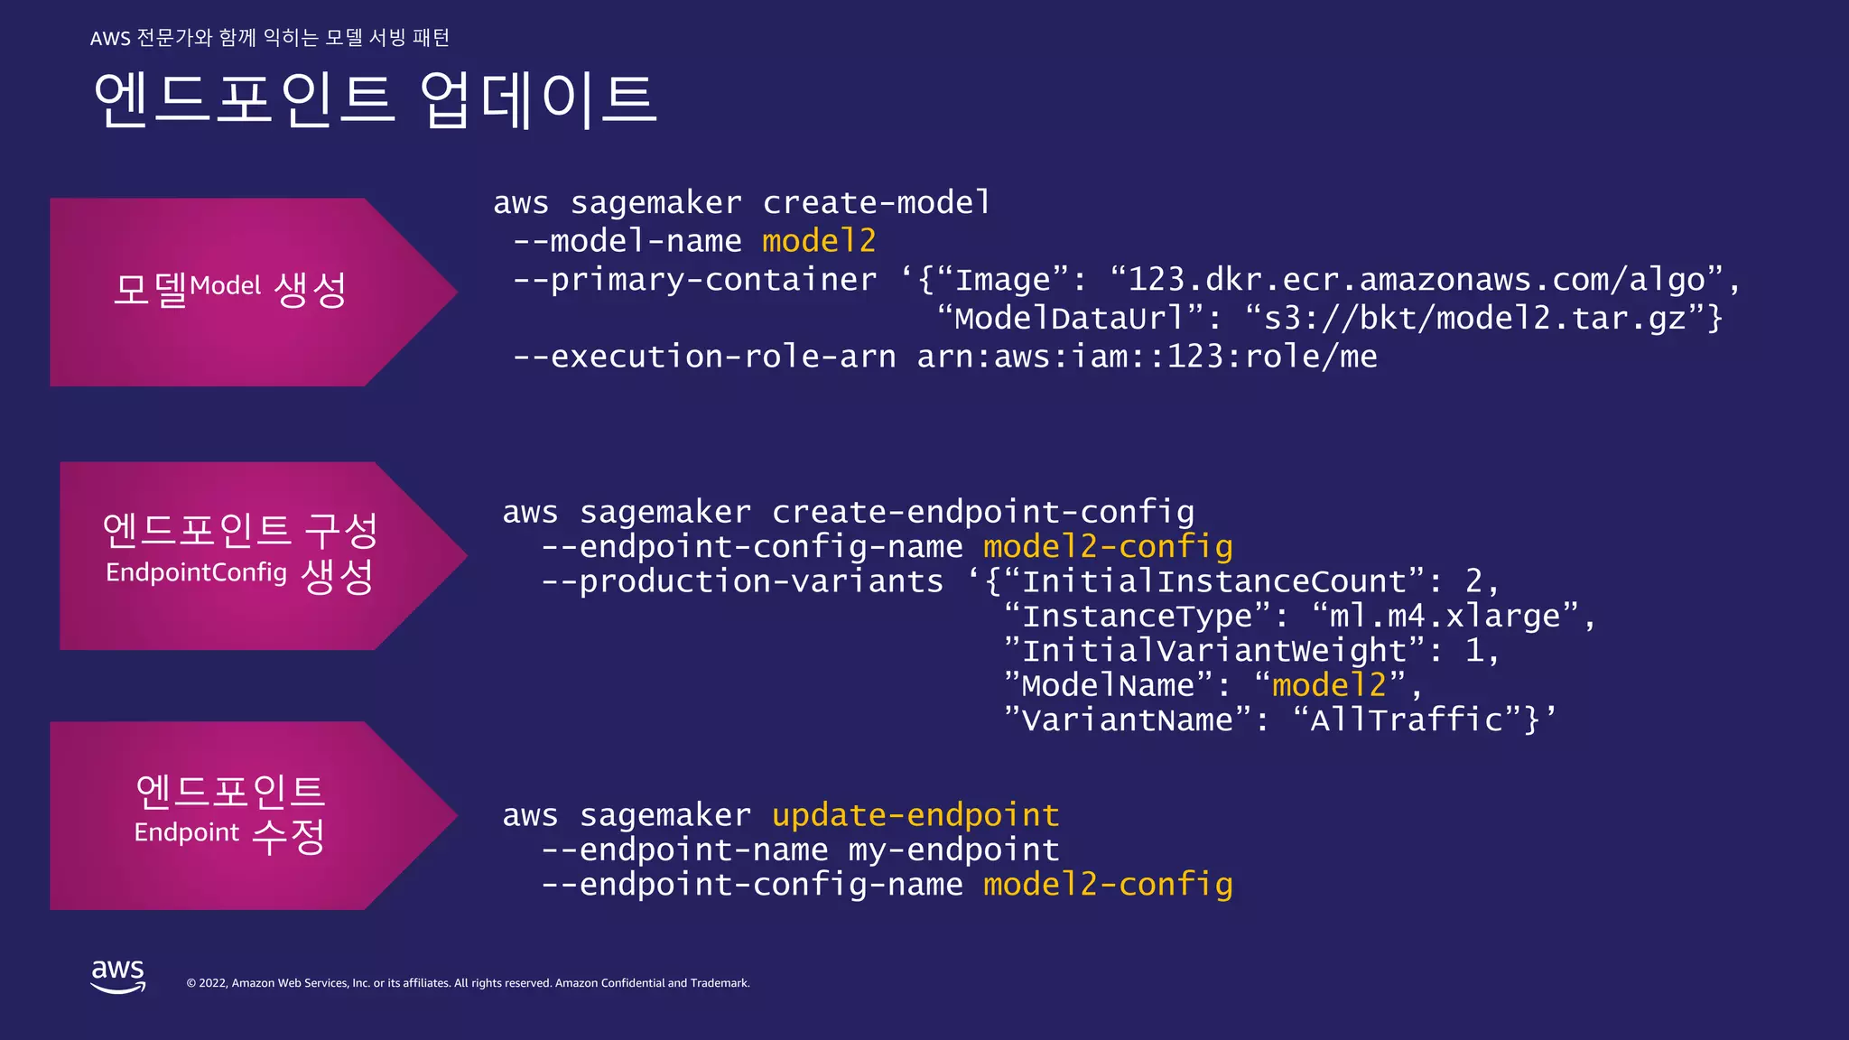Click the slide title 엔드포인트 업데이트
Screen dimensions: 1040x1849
[375, 99]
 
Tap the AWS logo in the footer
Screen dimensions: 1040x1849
[118, 976]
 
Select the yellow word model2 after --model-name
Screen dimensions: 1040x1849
[819, 241]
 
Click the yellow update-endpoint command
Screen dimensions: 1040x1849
[915, 815]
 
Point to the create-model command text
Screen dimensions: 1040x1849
[877, 203]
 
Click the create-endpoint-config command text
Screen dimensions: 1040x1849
[983, 512]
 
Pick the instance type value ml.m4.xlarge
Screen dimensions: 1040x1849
[1445, 616]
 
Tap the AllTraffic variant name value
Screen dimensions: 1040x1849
[1407, 720]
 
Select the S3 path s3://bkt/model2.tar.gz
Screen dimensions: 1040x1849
[1475, 319]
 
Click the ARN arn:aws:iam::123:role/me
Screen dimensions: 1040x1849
[1147, 357]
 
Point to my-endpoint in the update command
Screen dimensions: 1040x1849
[953, 850]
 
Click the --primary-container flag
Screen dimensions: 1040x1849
[694, 280]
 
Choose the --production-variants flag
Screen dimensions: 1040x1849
[742, 581]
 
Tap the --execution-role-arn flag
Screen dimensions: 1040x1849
[704, 357]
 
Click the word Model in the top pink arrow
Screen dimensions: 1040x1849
[226, 286]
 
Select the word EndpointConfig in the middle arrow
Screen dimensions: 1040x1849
[196, 572]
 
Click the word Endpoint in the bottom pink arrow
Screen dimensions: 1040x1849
[187, 832]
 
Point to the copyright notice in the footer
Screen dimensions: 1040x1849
[468, 983]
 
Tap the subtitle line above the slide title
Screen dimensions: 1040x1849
[270, 38]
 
